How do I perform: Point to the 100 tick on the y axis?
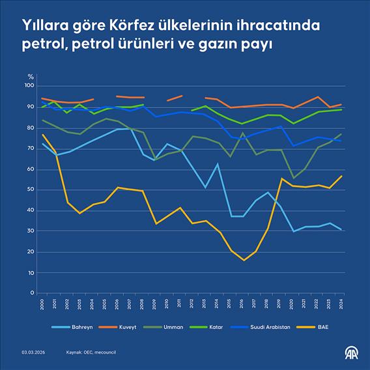tap(28, 86)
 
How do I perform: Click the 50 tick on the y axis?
tap(29, 190)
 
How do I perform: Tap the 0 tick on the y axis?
tap(31, 293)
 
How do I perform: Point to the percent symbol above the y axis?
tap(29, 78)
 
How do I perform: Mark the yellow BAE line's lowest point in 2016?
tap(244, 260)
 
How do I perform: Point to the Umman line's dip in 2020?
tap(294, 178)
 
